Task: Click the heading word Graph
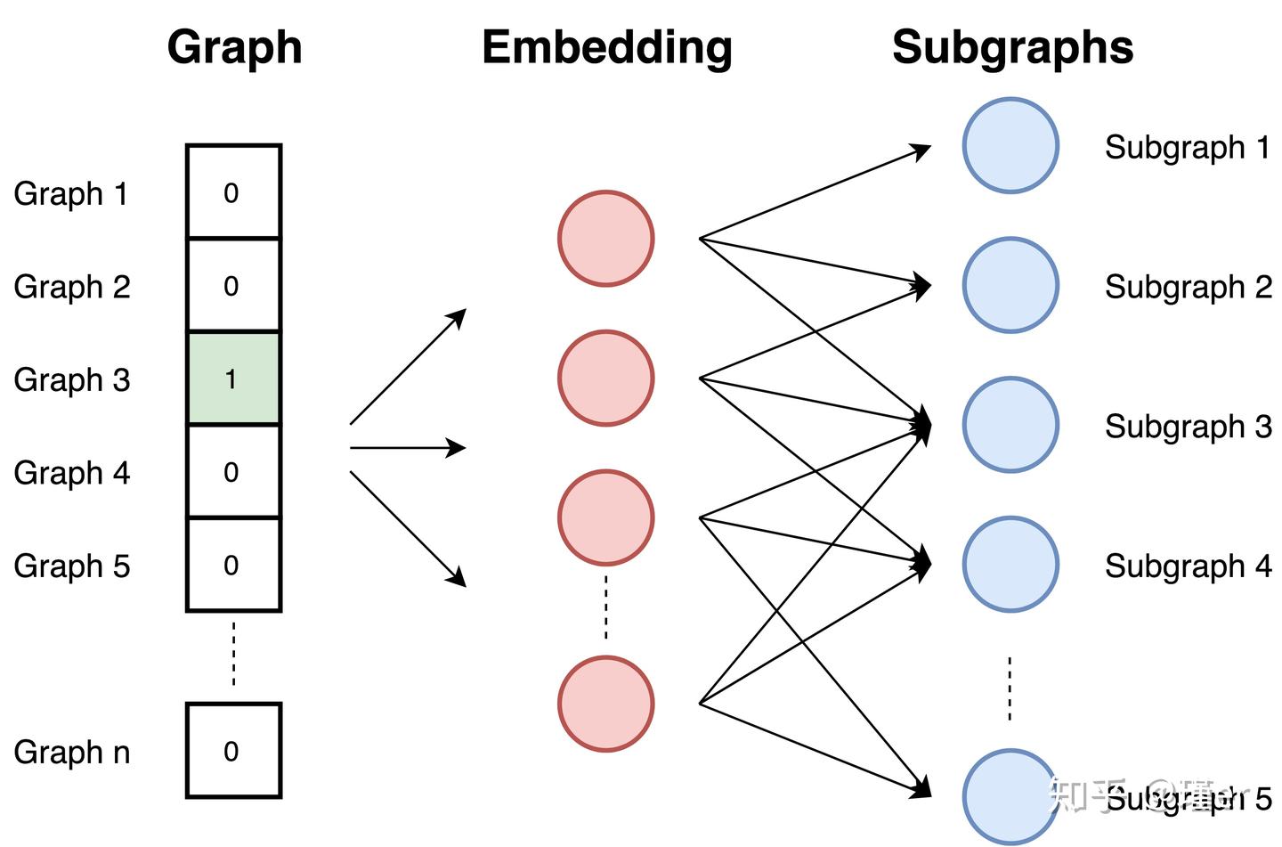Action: [x=234, y=47]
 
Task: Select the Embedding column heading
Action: [x=606, y=47]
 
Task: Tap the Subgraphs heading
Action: [x=1012, y=47]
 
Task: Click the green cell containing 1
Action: [x=233, y=379]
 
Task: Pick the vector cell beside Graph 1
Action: [x=233, y=192]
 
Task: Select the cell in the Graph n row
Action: [x=233, y=750]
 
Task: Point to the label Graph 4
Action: [x=71, y=472]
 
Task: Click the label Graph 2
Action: [x=71, y=287]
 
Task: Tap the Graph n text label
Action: [x=71, y=752]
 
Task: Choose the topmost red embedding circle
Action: [x=606, y=238]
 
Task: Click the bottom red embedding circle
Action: [x=606, y=704]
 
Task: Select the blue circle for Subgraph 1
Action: [x=1010, y=145]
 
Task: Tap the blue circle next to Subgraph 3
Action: [x=1010, y=425]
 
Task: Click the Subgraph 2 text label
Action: [x=1188, y=287]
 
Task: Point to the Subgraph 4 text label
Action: [x=1188, y=566]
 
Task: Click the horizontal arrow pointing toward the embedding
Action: [x=407, y=447]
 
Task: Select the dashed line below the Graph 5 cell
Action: [x=234, y=654]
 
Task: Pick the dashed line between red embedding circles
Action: [x=606, y=607]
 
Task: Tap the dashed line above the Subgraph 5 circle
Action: [x=1010, y=688]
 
